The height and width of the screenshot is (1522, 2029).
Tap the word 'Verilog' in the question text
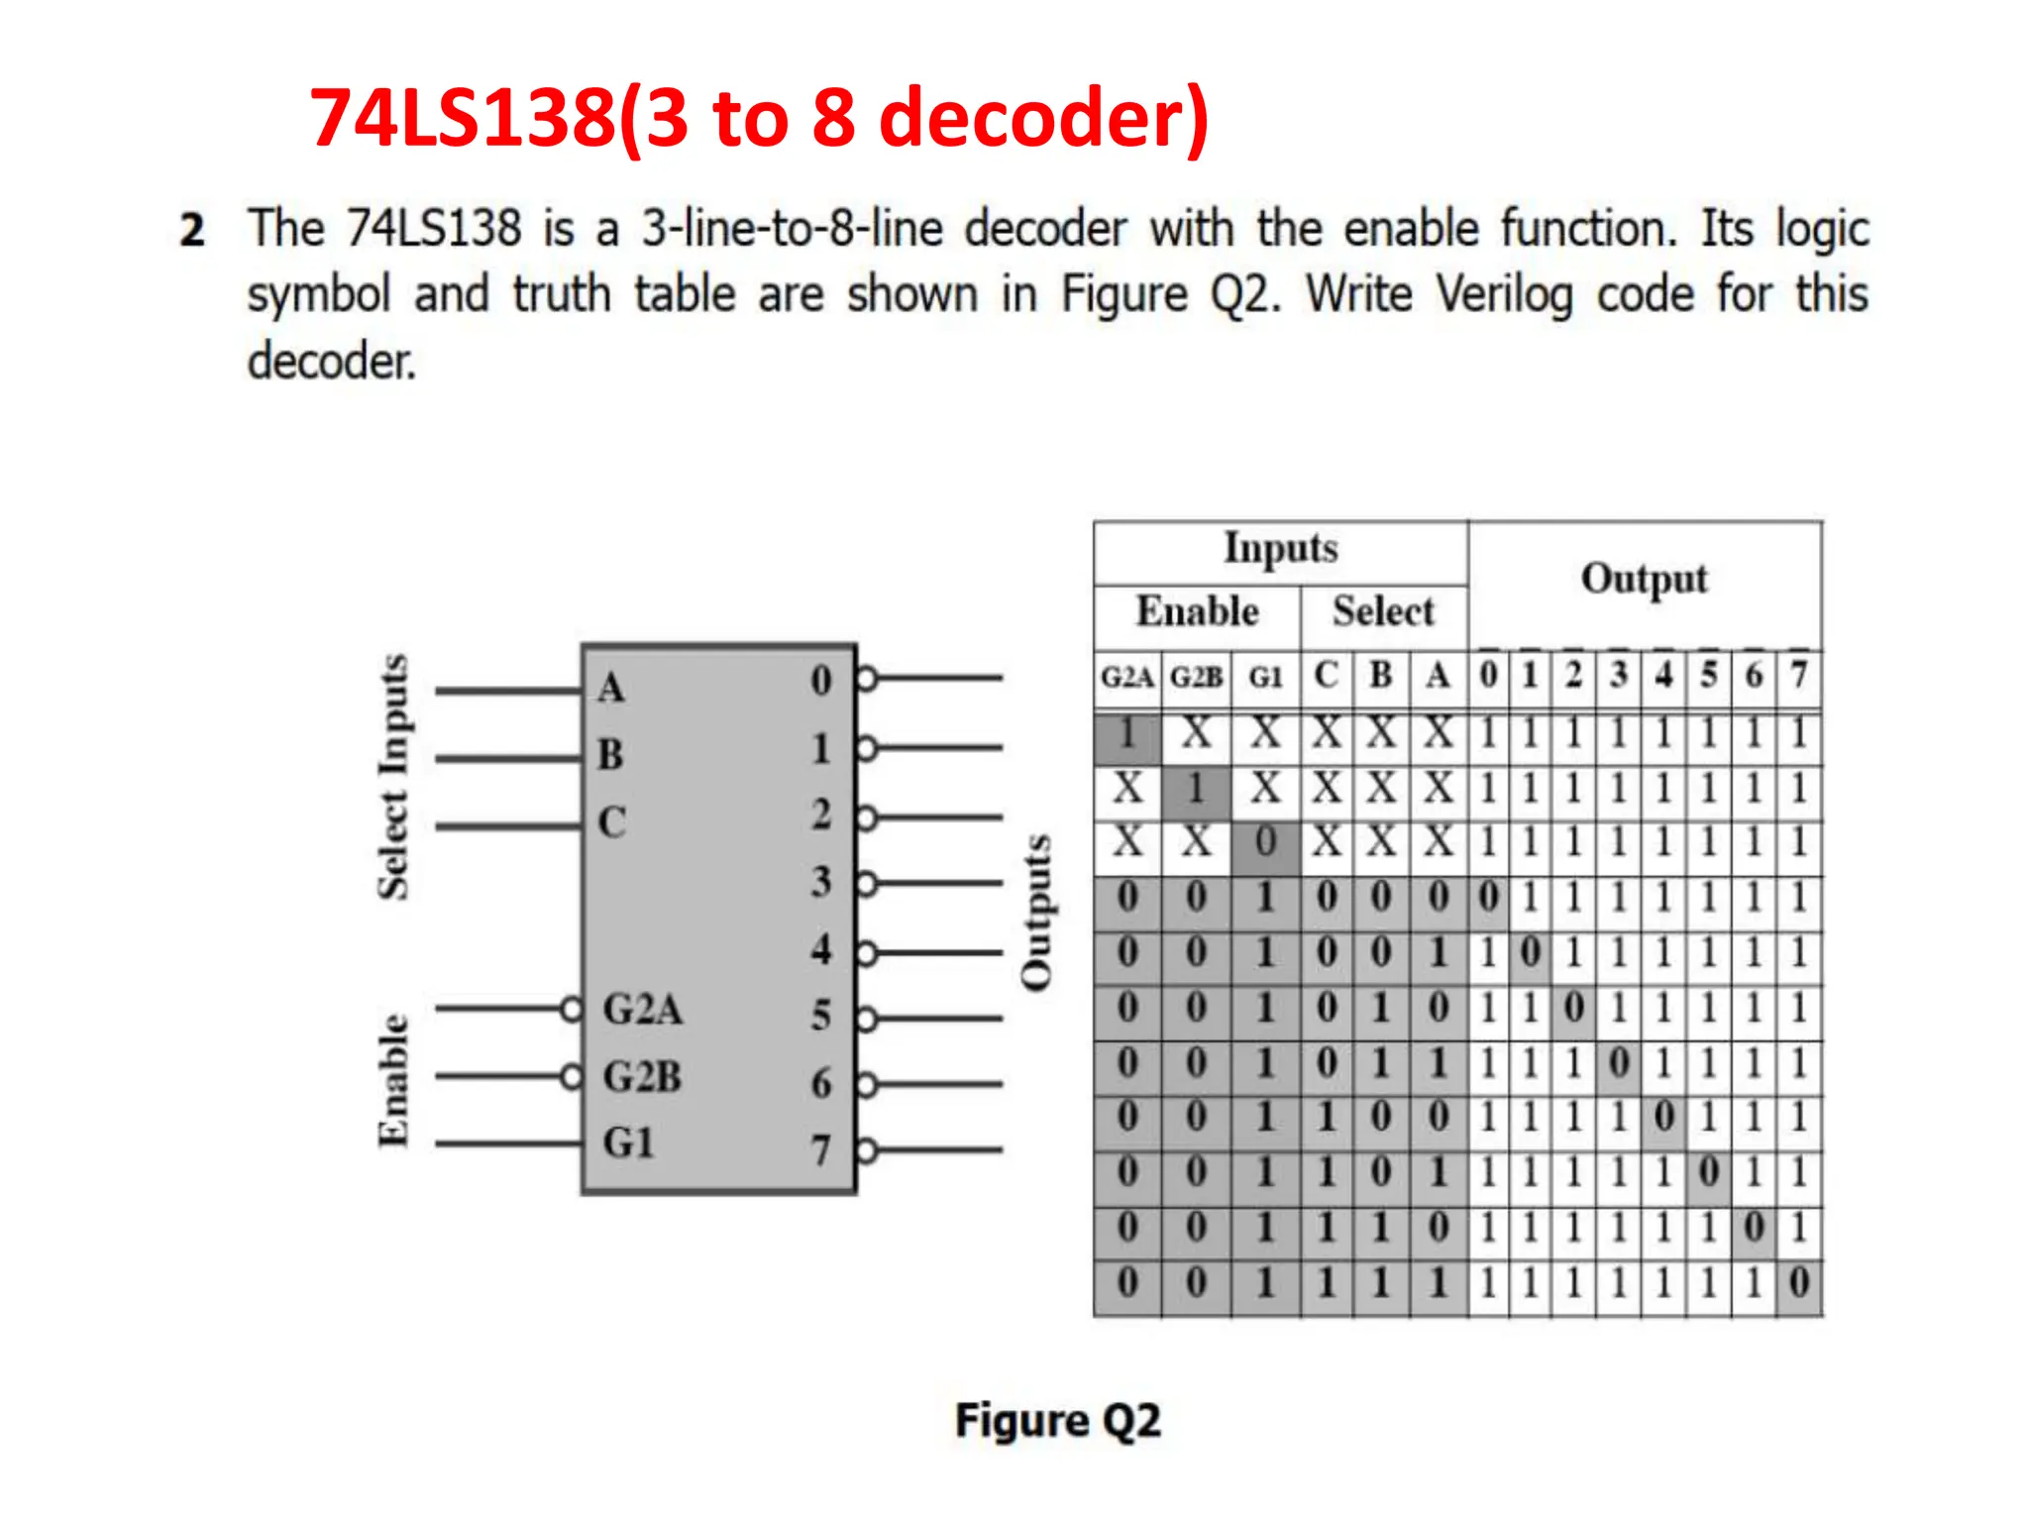pyautogui.click(x=1504, y=295)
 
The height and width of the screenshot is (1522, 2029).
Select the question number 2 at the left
pyautogui.click(x=192, y=230)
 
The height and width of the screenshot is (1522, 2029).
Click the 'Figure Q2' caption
pyautogui.click(x=1057, y=1420)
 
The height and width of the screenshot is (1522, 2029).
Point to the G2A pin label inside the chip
pyautogui.click(x=642, y=1010)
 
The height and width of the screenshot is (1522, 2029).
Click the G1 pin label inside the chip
pyautogui.click(x=628, y=1142)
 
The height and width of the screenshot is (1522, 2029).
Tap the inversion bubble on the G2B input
pyautogui.click(x=572, y=1076)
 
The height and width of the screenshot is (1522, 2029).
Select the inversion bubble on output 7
pyautogui.click(x=867, y=1150)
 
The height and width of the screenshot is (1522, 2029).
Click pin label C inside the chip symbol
pyautogui.click(x=611, y=821)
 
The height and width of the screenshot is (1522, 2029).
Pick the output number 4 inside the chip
pyautogui.click(x=820, y=949)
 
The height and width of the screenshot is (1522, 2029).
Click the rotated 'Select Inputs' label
pyautogui.click(x=393, y=777)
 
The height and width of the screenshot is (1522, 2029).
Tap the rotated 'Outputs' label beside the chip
pyautogui.click(x=1035, y=912)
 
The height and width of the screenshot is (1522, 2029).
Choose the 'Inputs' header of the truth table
pyautogui.click(x=1280, y=548)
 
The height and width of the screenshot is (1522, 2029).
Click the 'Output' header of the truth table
pyautogui.click(x=1644, y=579)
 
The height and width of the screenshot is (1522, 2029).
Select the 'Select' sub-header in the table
pyautogui.click(x=1383, y=611)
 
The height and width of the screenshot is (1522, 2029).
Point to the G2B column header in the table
pyautogui.click(x=1196, y=677)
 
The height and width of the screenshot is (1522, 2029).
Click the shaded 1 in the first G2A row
pyautogui.click(x=1126, y=735)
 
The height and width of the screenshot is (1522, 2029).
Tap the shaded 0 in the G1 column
pyautogui.click(x=1265, y=843)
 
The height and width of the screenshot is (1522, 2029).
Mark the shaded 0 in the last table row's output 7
pyautogui.click(x=1799, y=1282)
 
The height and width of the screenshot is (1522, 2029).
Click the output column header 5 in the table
pyautogui.click(x=1708, y=676)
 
